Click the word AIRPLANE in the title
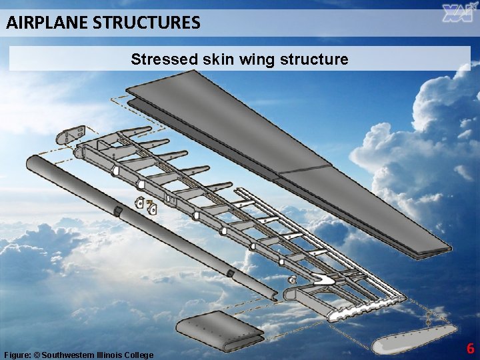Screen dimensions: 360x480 pyautogui.click(x=47, y=23)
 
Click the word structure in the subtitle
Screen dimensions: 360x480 pyautogui.click(x=315, y=59)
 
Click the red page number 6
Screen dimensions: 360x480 pyautogui.click(x=470, y=348)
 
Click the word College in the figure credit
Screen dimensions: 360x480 pyautogui.click(x=141, y=355)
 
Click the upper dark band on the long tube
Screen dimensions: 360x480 pyautogui.click(x=117, y=211)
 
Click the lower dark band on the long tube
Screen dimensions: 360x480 pyautogui.click(x=229, y=273)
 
